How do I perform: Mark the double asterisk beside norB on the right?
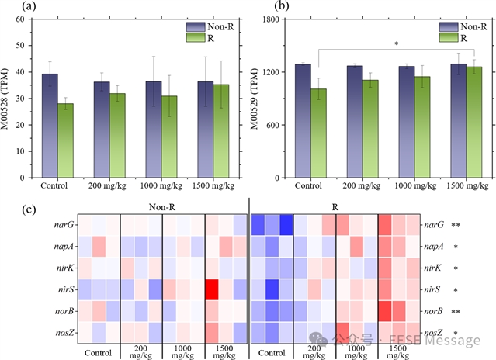click(457, 312)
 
